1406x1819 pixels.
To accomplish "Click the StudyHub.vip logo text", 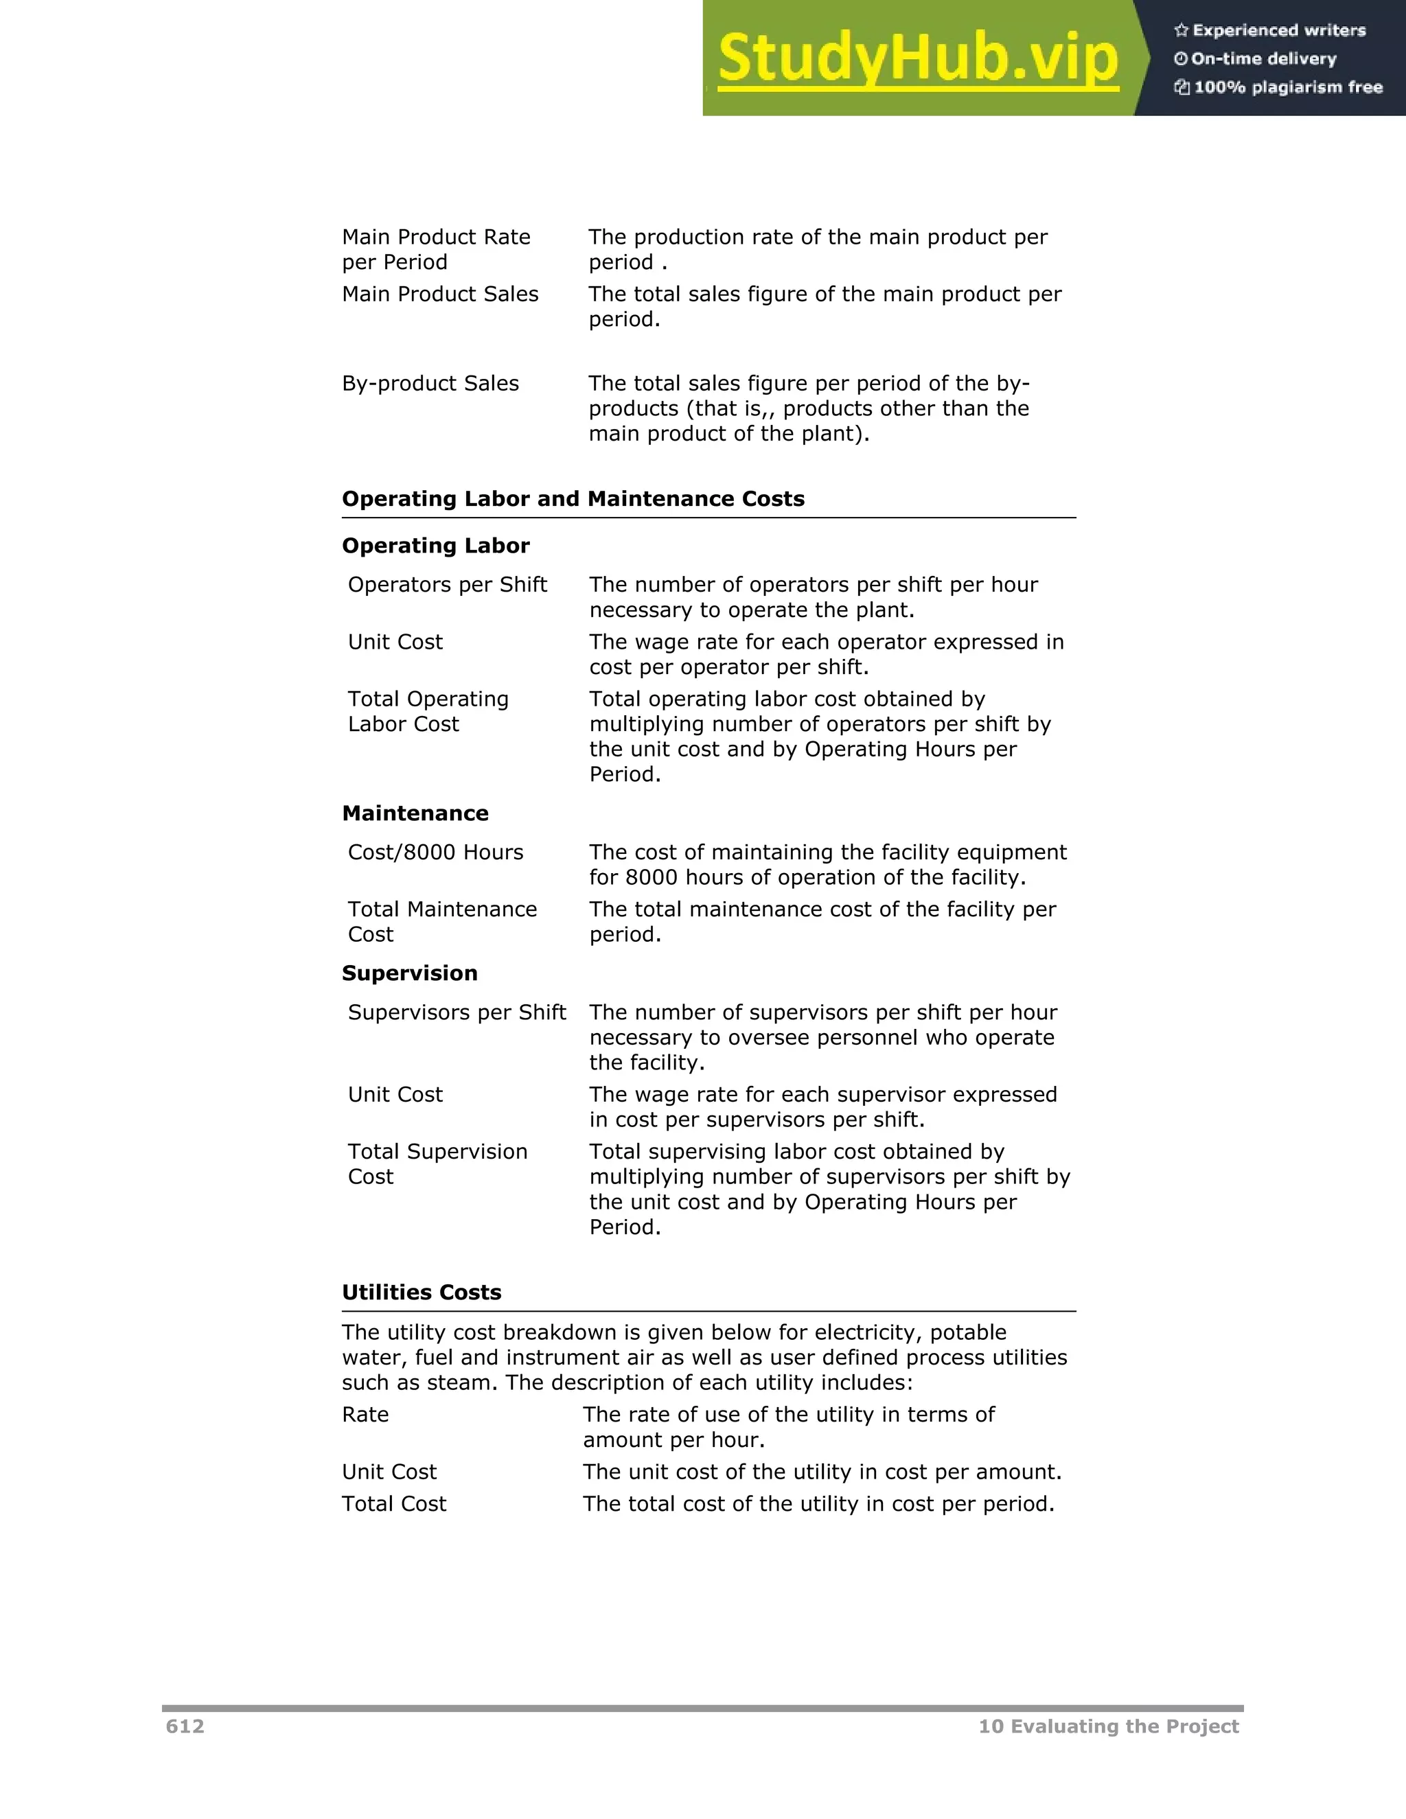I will coord(917,58).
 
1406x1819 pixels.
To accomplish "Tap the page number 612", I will coord(185,1726).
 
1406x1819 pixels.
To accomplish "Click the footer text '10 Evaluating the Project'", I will coord(1109,1726).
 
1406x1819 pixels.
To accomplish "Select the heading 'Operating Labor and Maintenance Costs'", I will coord(573,499).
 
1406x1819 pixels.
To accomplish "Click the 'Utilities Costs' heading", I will coord(422,1292).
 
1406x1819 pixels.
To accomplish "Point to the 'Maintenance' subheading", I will coord(415,813).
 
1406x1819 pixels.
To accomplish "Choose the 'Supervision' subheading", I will coord(410,973).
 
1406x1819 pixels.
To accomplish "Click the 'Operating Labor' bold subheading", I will coord(436,546).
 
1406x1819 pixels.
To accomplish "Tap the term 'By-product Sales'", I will coord(430,383).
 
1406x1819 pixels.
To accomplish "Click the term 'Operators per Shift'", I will coord(448,585).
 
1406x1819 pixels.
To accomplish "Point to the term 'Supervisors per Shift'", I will coord(457,1012).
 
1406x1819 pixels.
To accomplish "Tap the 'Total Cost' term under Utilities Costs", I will coord(394,1503).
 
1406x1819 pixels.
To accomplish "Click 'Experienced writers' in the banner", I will coord(1278,31).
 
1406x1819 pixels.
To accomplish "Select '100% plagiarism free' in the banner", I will coord(1288,87).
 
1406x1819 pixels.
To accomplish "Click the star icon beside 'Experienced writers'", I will coord(1181,31).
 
